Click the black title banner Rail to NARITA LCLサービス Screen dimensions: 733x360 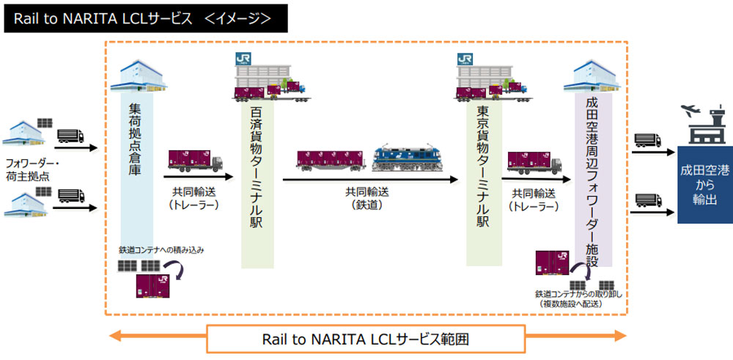[x=146, y=18]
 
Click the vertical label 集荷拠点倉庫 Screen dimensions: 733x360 [x=136, y=139]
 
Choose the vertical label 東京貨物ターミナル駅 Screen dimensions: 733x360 [x=483, y=166]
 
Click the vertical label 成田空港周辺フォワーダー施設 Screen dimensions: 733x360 [x=593, y=181]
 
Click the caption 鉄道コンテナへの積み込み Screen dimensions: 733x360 [x=162, y=250]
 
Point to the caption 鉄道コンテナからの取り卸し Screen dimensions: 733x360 [x=581, y=295]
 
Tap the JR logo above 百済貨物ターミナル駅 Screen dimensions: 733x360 [x=243, y=59]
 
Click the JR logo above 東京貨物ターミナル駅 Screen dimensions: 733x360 [x=465, y=59]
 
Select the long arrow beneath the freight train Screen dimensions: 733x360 [x=369, y=180]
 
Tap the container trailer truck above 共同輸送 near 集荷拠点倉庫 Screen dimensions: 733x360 [x=196, y=161]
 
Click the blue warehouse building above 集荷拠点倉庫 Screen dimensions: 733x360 [x=139, y=76]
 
